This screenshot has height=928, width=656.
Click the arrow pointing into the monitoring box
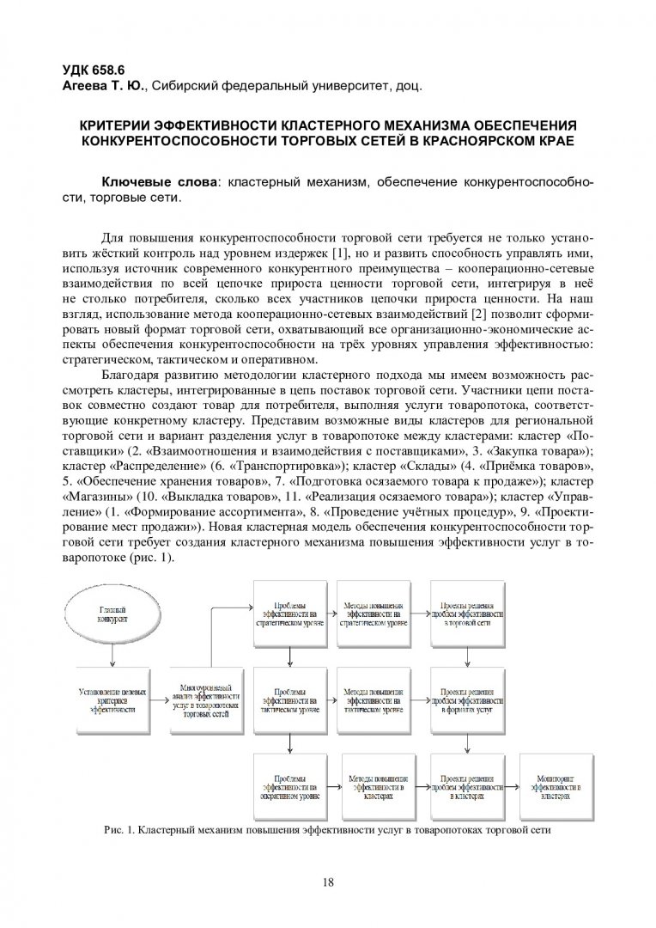pyautogui.click(x=512, y=780)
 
